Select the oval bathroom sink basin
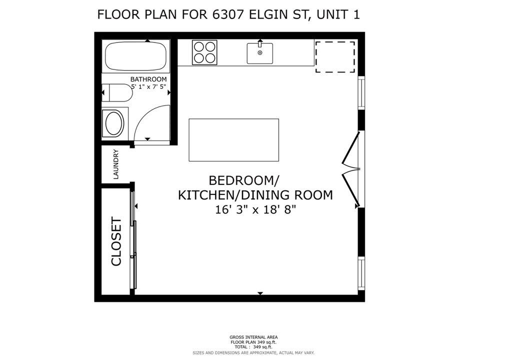(x=113, y=123)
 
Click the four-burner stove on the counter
(x=205, y=52)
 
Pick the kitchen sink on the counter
(x=260, y=53)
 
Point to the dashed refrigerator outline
(x=334, y=57)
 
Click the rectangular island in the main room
(x=233, y=140)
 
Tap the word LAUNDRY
(x=115, y=164)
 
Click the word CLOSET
(x=116, y=241)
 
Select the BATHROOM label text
(x=148, y=79)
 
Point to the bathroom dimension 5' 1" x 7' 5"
(x=148, y=87)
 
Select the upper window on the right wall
(x=361, y=92)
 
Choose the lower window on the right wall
(x=361, y=273)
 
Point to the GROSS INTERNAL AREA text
(x=254, y=337)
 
